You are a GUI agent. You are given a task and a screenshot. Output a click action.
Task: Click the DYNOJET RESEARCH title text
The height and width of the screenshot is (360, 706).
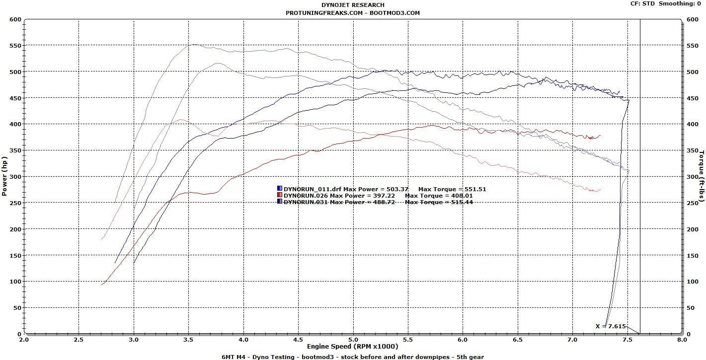(353, 5)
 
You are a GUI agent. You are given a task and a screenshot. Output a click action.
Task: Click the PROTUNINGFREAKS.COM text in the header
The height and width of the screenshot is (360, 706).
(324, 13)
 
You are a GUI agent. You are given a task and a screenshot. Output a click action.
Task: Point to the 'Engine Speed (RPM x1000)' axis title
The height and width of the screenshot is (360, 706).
(353, 346)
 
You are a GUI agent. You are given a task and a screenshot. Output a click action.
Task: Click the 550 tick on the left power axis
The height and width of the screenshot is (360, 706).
(15, 46)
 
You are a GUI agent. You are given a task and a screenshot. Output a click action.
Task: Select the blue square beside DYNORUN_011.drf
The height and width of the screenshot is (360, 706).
(280, 189)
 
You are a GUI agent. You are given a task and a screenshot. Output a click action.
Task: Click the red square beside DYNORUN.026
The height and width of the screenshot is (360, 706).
(280, 195)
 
